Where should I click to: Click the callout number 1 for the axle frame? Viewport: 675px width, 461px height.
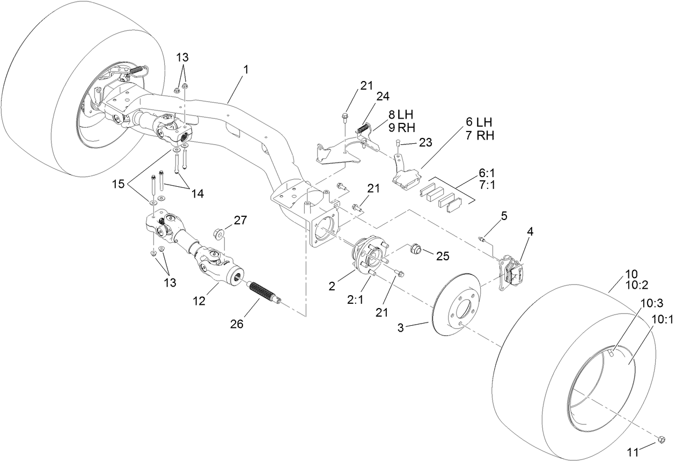pos(246,69)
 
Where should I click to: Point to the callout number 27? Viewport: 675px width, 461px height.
pos(240,220)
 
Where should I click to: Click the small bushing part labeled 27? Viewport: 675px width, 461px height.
pos(219,233)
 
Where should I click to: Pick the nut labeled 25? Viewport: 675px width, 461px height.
pos(416,249)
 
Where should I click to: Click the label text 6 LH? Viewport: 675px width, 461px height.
pos(479,122)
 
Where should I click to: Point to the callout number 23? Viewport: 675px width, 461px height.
pos(425,143)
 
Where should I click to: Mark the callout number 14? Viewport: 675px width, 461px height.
pos(197,194)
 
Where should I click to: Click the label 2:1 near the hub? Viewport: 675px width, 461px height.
pos(355,299)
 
